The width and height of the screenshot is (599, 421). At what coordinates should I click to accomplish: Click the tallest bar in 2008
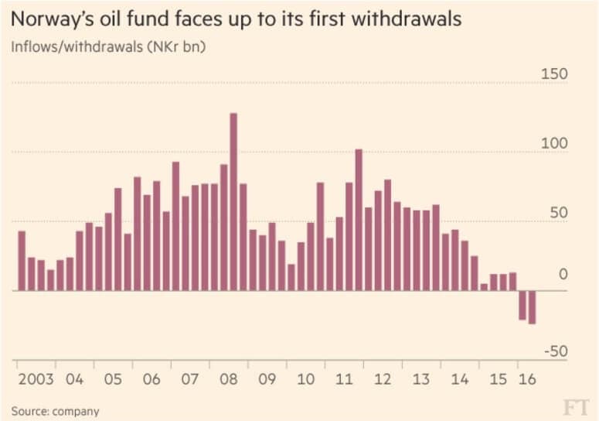coord(233,201)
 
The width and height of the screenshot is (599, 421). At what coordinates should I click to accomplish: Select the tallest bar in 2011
coord(359,220)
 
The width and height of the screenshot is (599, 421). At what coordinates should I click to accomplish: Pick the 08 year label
coord(229,380)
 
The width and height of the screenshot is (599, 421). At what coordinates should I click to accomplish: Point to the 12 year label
coord(383,380)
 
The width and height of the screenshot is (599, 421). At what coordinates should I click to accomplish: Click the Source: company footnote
coord(55,410)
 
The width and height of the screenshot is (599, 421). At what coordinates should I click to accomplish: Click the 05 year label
coord(113,380)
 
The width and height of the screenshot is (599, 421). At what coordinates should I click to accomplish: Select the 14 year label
coord(460,380)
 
